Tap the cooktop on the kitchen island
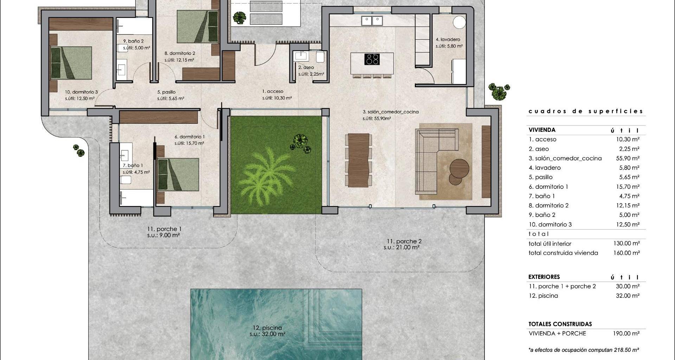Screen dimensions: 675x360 (372, 59)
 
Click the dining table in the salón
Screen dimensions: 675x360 (358, 160)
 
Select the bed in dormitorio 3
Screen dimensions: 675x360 (71, 63)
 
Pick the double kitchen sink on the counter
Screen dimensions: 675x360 (372, 21)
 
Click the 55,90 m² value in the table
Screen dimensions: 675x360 (628, 158)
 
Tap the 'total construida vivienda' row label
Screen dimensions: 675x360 (563, 253)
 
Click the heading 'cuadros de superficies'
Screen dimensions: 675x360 (586, 111)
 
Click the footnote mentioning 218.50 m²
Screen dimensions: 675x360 (584, 350)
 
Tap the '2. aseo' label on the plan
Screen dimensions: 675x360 (306, 67)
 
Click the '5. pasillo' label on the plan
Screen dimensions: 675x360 (166, 92)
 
